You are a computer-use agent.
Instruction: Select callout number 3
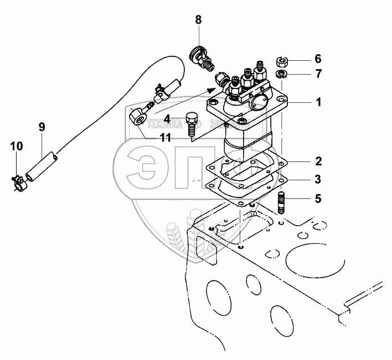tap(317, 179)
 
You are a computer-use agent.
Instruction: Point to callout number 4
tap(167, 118)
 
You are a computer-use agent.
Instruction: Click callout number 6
tap(317, 59)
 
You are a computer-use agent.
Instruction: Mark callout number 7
tap(317, 74)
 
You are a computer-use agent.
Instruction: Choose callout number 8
tap(198, 21)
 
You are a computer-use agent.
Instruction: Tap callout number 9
tap(42, 126)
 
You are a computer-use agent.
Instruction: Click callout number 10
tap(17, 147)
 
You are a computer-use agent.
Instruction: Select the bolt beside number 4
tap(192, 125)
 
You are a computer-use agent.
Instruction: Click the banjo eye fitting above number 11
tap(137, 116)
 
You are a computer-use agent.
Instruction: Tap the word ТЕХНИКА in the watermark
tap(166, 126)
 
